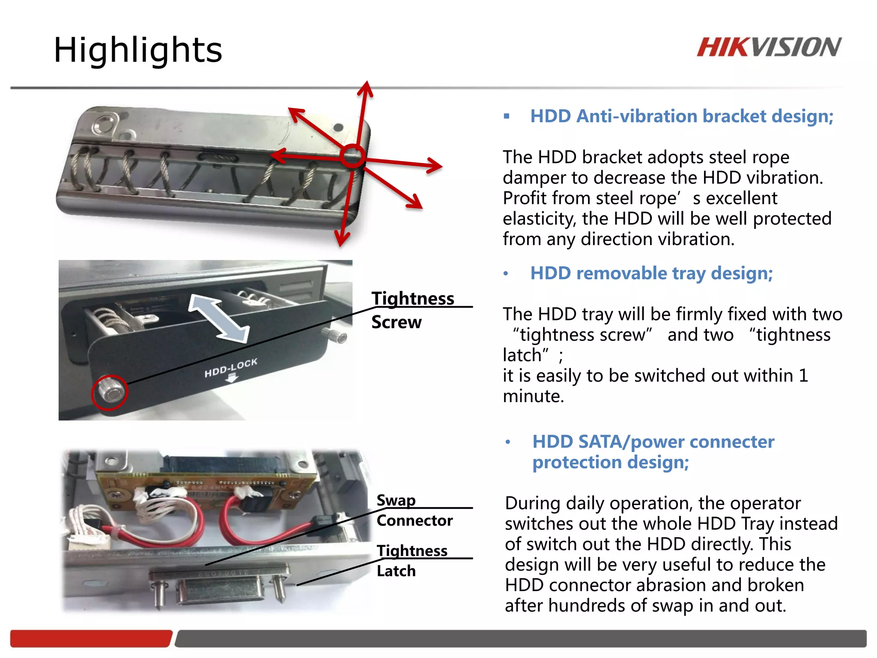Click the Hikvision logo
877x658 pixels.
[769, 47]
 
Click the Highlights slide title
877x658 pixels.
[138, 50]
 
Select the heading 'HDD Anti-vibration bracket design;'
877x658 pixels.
[681, 116]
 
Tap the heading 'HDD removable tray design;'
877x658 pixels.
[651, 273]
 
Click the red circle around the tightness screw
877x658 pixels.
[110, 392]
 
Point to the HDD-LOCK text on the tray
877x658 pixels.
[231, 368]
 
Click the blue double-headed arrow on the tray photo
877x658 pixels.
[219, 318]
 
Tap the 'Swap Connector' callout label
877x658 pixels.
[414, 510]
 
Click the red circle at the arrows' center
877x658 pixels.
[352, 156]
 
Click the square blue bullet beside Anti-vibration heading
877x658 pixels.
[507, 116]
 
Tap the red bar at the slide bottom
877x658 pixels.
[91, 638]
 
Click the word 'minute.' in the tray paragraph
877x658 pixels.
[533, 396]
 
